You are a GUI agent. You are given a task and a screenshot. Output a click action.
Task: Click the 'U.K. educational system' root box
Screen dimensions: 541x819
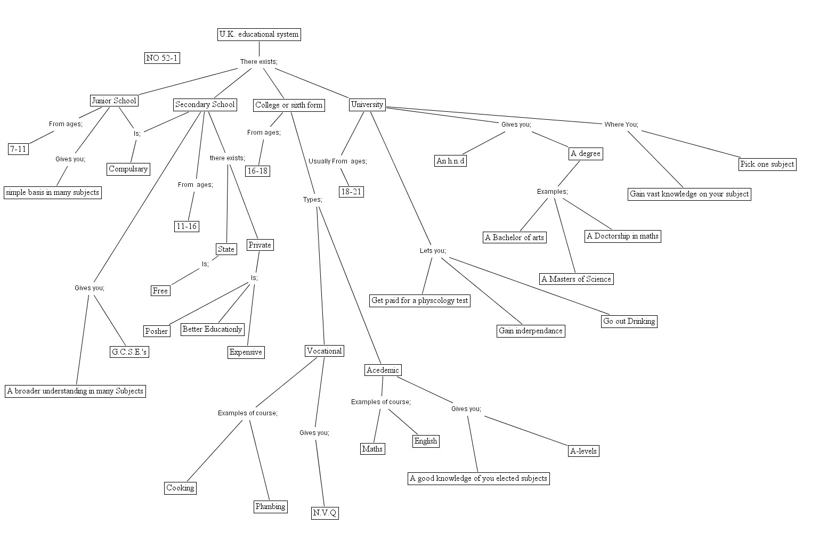click(x=259, y=35)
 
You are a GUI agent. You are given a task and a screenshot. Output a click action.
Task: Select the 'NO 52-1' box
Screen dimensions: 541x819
click(x=162, y=58)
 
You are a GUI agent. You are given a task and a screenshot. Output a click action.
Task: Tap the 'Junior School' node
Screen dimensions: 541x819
click(x=114, y=101)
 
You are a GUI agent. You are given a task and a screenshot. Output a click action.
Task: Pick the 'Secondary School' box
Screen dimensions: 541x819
click(x=205, y=104)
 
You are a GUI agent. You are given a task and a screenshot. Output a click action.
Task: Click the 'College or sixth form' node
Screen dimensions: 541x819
click(x=289, y=105)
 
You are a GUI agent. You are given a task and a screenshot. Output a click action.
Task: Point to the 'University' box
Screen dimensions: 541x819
click(x=367, y=104)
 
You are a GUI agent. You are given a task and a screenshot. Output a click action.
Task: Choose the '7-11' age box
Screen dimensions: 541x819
click(x=18, y=149)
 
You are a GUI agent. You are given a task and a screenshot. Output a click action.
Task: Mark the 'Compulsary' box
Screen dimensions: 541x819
click(x=128, y=169)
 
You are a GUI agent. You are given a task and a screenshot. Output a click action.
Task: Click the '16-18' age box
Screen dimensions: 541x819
click(x=257, y=171)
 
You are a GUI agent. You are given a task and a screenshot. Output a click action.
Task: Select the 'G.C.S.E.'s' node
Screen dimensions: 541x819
click(x=129, y=352)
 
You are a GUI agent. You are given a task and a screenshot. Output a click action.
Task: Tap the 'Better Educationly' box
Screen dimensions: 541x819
click(x=212, y=329)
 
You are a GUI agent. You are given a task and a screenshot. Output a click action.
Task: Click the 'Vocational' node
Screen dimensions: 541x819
click(x=324, y=351)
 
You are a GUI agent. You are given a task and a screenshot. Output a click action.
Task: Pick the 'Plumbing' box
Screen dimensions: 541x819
click(x=270, y=506)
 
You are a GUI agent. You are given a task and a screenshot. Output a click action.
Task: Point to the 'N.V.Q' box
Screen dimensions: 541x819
click(x=325, y=513)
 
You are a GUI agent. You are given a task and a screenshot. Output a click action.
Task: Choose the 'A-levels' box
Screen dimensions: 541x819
click(x=583, y=451)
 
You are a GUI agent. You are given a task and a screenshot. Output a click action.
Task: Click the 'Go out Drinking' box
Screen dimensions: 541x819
click(x=629, y=321)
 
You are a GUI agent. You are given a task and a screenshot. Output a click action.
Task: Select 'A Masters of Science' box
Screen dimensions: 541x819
click(x=576, y=279)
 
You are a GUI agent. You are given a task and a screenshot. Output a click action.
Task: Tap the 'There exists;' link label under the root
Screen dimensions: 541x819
click(x=258, y=62)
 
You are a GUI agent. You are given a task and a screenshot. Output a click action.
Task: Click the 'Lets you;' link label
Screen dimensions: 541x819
click(x=433, y=251)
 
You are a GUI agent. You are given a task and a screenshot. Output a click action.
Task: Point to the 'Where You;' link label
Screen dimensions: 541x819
click(x=621, y=125)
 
